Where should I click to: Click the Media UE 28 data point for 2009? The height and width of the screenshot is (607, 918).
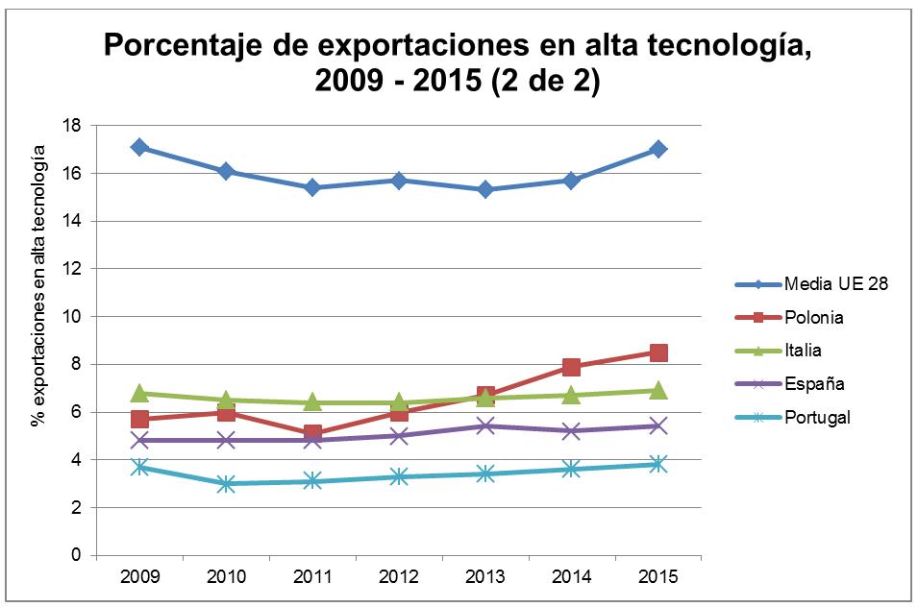point(139,147)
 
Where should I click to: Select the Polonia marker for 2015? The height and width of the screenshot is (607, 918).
point(657,352)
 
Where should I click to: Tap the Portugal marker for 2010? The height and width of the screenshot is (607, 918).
point(226,483)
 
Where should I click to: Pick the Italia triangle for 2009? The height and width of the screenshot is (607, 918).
point(139,393)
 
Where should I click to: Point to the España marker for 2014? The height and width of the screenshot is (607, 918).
point(571,430)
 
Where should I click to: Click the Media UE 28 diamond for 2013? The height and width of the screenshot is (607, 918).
point(484,189)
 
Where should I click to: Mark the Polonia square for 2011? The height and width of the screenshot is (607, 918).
point(312,433)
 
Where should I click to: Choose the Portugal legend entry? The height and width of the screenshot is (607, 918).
point(817,416)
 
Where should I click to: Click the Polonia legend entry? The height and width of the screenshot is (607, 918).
point(814,317)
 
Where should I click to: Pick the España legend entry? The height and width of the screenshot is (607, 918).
point(813,383)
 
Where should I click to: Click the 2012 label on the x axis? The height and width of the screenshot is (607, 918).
point(399,576)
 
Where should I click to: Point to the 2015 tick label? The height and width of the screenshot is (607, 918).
point(657,576)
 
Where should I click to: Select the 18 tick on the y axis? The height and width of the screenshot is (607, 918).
point(71,125)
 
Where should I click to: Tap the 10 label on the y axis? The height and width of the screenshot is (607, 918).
point(71,316)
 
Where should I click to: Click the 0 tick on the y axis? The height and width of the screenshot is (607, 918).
point(75,555)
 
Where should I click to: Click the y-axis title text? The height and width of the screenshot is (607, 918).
point(38,285)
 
